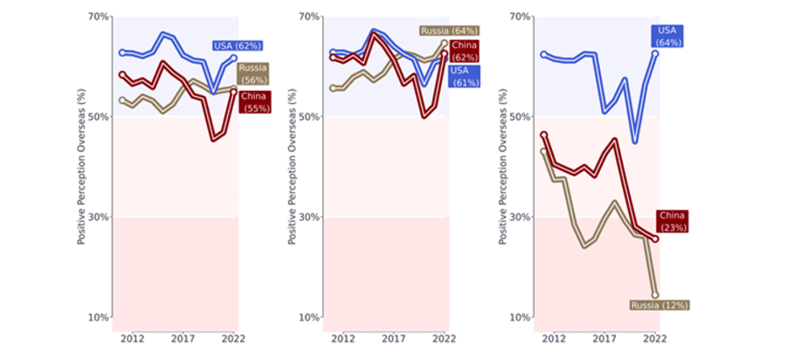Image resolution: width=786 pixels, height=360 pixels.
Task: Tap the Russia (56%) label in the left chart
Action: (252, 73)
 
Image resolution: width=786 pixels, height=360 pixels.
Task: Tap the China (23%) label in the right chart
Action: (672, 221)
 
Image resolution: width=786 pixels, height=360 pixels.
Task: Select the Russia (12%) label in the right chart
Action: (659, 305)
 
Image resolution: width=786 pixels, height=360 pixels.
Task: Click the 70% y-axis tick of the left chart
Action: (98, 17)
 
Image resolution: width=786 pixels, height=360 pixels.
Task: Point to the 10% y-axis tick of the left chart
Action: (98, 317)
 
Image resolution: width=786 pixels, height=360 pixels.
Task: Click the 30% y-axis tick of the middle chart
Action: (308, 217)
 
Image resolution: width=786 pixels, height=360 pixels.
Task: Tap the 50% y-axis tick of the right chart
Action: (519, 117)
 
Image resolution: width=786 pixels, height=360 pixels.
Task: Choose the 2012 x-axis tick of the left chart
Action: (132, 338)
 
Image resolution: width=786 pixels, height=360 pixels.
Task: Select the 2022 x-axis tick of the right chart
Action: (655, 338)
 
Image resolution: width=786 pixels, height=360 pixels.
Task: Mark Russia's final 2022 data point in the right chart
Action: (655, 295)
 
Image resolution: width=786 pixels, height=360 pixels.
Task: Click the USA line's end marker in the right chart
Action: (655, 53)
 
